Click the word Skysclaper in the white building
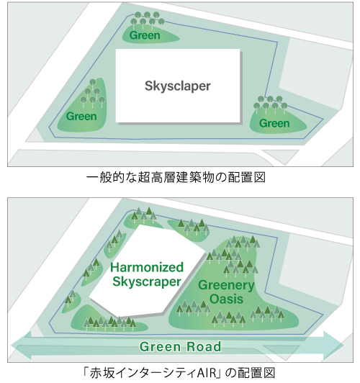pyautogui.click(x=178, y=86)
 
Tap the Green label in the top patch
pyautogui.click(x=145, y=35)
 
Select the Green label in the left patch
pyautogui.click(x=81, y=117)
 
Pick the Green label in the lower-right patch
pyautogui.click(x=274, y=123)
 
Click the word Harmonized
pyautogui.click(x=147, y=267)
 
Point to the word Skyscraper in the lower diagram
pyautogui.click(x=147, y=281)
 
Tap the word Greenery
pyautogui.click(x=226, y=285)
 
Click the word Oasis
pyautogui.click(x=226, y=299)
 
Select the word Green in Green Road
pyautogui.click(x=160, y=346)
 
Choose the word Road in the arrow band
pyautogui.click(x=204, y=346)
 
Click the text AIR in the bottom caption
pyautogui.click(x=207, y=373)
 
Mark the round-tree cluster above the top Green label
pyautogui.click(x=148, y=19)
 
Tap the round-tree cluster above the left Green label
pyautogui.click(x=93, y=94)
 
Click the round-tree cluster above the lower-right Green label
pyautogui.click(x=270, y=104)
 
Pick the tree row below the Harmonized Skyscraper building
pyautogui.click(x=109, y=323)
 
